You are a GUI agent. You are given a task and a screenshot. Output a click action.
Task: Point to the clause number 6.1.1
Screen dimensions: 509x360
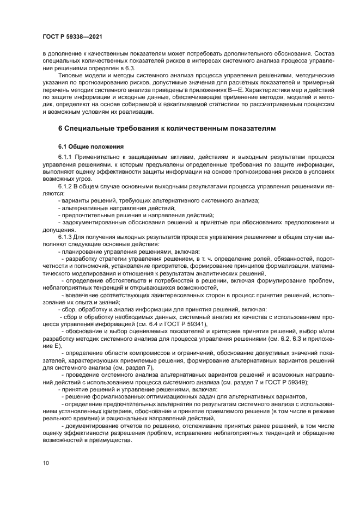(65, 157)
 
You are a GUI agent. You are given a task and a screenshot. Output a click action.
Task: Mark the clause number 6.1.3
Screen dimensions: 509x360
(65, 237)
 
